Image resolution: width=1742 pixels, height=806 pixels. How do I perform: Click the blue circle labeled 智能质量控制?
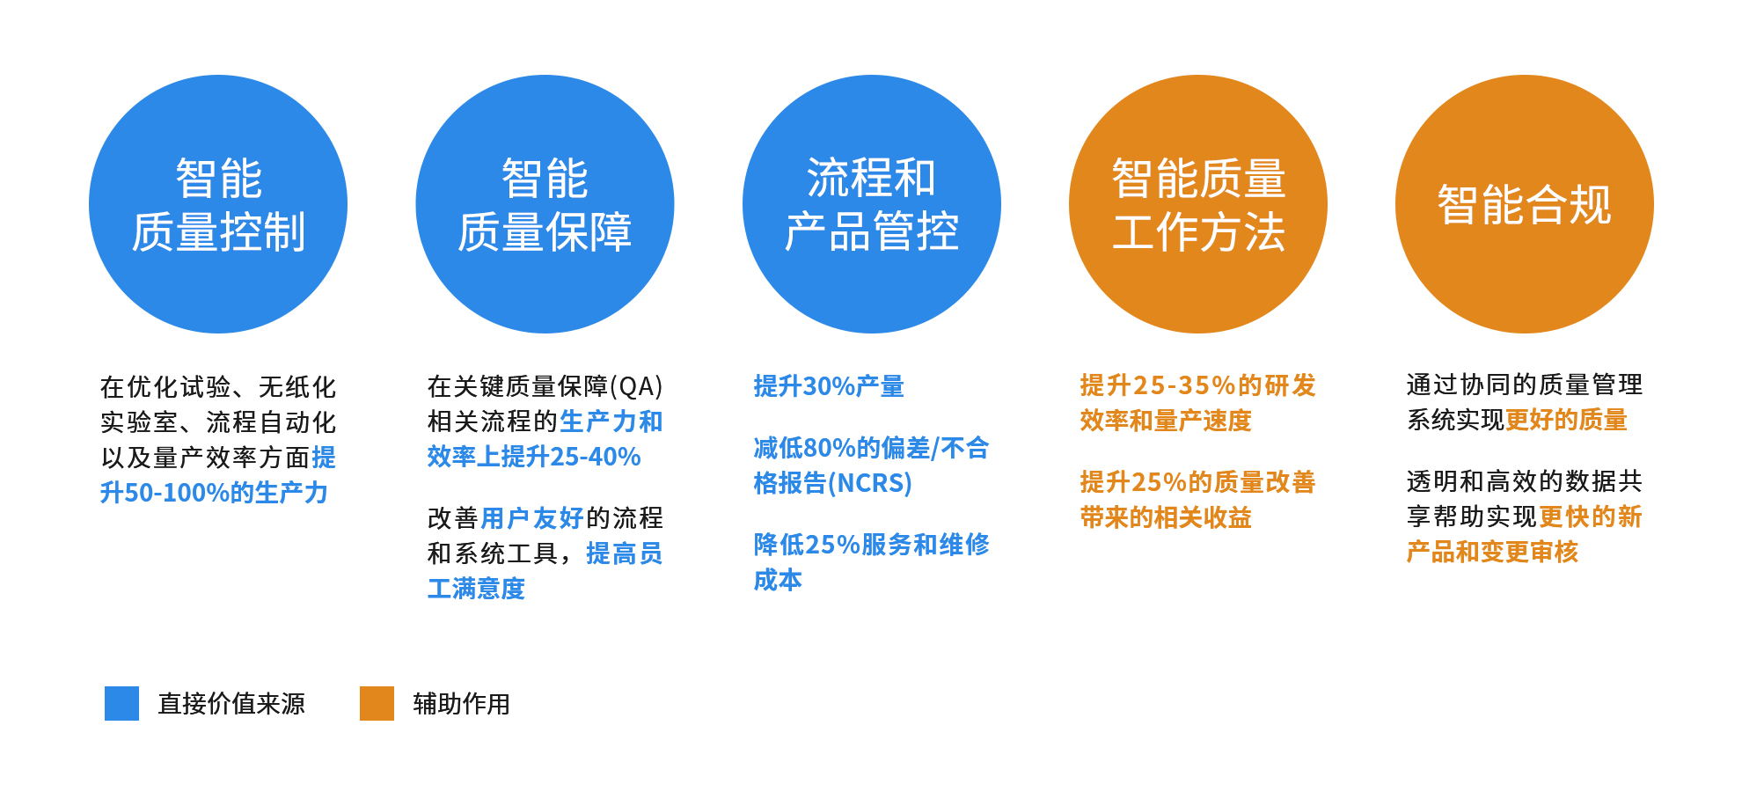(x=218, y=204)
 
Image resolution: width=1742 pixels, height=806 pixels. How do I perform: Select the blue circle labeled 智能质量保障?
(x=545, y=204)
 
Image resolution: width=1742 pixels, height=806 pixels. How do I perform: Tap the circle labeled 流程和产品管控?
(x=871, y=204)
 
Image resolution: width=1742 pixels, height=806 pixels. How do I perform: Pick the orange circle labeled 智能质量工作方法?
(x=1197, y=204)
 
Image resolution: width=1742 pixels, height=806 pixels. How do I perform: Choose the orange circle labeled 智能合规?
(x=1524, y=204)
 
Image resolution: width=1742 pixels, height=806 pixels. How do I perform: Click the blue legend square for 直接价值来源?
(x=121, y=703)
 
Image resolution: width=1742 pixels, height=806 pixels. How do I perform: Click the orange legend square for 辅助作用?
(x=377, y=703)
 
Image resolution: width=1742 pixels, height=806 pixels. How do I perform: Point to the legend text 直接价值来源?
(x=231, y=704)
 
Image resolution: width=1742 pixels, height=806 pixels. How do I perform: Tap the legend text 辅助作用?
(x=462, y=704)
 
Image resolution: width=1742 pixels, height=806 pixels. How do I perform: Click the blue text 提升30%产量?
(x=829, y=386)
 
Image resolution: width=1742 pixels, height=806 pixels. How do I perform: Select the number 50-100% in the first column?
(x=177, y=493)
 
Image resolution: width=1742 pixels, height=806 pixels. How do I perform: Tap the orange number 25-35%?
(x=1183, y=385)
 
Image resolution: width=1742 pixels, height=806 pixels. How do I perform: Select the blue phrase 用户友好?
(x=532, y=518)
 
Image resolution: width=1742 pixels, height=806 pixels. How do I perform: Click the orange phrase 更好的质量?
(x=1567, y=420)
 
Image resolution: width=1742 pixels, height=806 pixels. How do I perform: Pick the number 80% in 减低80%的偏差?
(x=831, y=448)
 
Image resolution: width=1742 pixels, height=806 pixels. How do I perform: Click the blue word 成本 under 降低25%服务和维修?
(x=778, y=580)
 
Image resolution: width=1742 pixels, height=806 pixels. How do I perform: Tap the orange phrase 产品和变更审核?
(x=1492, y=552)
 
